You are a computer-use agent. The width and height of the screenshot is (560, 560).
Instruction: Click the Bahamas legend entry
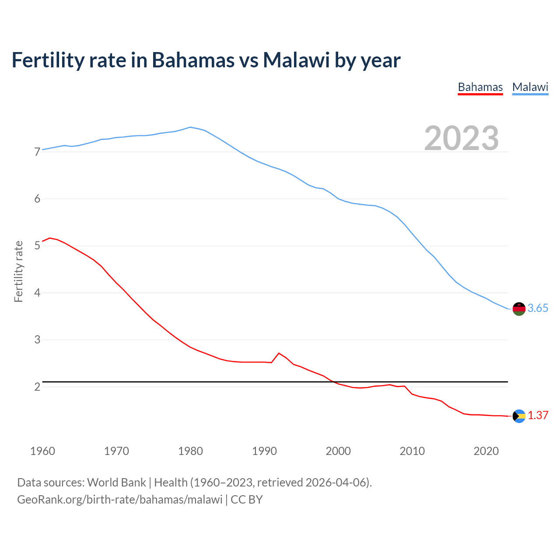pos(480,87)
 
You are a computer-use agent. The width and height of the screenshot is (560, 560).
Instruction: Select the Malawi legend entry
pos(530,87)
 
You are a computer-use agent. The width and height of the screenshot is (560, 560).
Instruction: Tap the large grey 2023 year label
pos(461,138)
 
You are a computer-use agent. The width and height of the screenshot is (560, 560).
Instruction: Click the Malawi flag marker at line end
pos(518,308)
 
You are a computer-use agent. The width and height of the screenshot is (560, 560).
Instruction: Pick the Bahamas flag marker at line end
pos(518,416)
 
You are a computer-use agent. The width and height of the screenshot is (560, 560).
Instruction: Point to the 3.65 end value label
pos(538,308)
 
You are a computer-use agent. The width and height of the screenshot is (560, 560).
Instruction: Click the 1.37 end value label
pos(538,416)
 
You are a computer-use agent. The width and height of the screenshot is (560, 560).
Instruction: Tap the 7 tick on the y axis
pos(37,152)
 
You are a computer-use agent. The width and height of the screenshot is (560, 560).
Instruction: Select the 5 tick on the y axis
pos(37,246)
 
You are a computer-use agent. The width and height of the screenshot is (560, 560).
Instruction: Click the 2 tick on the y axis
pos(37,387)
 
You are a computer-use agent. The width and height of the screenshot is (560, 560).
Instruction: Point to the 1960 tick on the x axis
pos(42,451)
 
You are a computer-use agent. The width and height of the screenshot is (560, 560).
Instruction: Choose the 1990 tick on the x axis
pos(264,451)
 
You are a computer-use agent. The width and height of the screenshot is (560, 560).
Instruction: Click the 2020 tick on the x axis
pos(486,451)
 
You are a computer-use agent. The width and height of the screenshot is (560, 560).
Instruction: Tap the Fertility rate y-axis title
pos(18,271)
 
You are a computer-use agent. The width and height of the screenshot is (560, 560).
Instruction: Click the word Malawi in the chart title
pos(296,60)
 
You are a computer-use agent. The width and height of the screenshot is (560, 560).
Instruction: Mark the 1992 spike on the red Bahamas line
pos(279,353)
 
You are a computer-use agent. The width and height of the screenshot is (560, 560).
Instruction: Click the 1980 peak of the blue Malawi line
pos(190,127)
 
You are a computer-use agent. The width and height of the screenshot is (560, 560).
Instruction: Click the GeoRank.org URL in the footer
pos(119,500)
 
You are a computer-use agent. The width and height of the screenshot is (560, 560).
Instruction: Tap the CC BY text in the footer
pos(246,500)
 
